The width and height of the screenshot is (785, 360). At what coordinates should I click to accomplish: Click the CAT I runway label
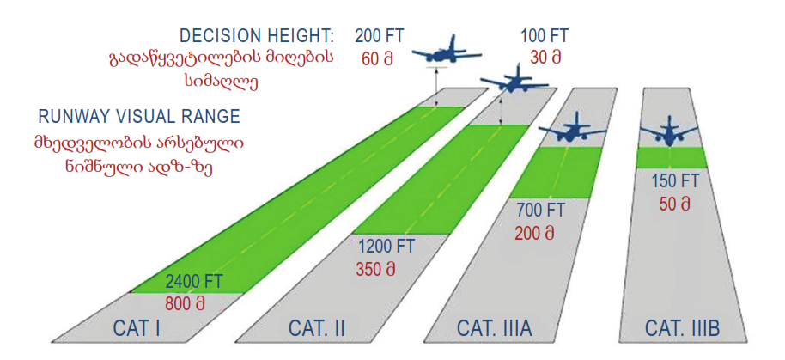(x=137, y=328)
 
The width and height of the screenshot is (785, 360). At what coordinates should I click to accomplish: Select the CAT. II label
(x=316, y=328)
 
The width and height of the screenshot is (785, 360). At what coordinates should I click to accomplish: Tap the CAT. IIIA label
(x=494, y=328)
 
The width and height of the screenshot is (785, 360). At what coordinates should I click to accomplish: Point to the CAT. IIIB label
(x=682, y=328)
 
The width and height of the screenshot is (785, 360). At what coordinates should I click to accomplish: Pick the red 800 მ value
(x=186, y=303)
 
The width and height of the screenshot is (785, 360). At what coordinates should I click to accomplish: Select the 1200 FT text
(x=386, y=247)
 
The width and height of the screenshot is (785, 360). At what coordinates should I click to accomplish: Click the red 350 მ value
(x=376, y=268)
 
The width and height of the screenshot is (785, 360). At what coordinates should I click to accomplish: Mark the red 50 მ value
(x=675, y=204)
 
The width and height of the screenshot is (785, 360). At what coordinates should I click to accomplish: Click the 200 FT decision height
(x=379, y=35)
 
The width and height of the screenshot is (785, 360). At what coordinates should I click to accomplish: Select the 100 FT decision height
(x=545, y=35)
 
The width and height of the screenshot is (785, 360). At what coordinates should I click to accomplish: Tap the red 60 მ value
(x=377, y=58)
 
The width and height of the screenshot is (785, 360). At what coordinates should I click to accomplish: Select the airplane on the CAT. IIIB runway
(x=670, y=131)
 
